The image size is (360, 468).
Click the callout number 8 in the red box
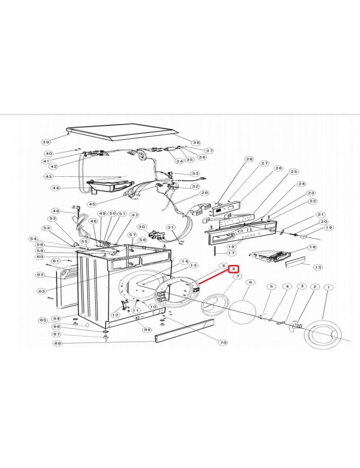coord(234,269)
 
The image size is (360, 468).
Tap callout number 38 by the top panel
coord(196,143)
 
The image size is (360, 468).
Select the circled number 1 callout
coord(328,288)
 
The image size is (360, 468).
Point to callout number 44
coord(56,188)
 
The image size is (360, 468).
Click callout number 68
coord(58,343)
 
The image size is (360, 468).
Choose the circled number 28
coord(249,159)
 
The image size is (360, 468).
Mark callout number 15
coord(318,267)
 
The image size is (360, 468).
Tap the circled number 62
coord(40,275)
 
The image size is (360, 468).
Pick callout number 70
coord(223,342)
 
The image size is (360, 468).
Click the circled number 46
coord(56,211)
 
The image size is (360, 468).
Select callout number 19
coord(329,228)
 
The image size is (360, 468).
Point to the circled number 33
coord(195,173)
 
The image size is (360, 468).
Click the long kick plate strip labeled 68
coord(184,331)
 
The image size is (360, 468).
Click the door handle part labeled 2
coord(295,325)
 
